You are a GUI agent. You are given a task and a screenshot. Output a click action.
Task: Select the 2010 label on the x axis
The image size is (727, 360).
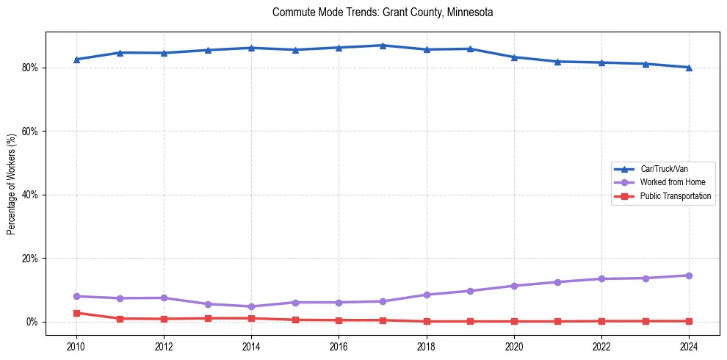[x=76, y=346]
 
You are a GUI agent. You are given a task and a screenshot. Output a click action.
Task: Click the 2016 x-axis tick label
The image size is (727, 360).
[x=339, y=346]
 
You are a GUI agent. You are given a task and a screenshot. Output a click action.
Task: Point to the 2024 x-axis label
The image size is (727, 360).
[x=689, y=346]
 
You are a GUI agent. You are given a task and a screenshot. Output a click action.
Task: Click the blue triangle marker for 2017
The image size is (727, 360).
[x=383, y=46]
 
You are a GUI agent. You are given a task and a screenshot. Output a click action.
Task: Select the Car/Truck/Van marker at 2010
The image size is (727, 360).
[x=76, y=60]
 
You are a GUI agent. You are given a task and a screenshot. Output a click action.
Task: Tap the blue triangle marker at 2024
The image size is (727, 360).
[x=689, y=68]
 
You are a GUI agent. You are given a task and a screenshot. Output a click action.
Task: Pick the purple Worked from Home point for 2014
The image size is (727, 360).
[x=251, y=306]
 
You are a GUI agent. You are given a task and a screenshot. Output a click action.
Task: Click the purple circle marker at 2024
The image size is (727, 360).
[x=689, y=276]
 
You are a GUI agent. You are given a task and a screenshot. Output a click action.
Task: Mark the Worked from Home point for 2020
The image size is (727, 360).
[x=514, y=286]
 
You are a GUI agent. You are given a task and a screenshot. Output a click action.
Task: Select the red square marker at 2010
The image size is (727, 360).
[x=76, y=313]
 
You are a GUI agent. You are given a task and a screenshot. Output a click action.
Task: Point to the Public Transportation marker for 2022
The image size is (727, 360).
[x=601, y=321]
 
